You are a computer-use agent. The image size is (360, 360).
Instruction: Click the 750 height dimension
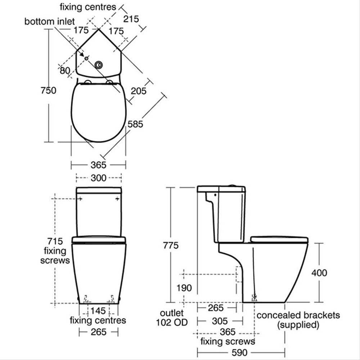[x=49, y=90]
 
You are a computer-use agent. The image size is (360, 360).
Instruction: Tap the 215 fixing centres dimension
[x=131, y=19]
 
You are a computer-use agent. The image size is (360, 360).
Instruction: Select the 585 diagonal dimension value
[x=135, y=124]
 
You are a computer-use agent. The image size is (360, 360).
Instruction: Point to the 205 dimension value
[x=139, y=91]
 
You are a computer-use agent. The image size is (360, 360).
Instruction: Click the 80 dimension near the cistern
[x=65, y=71]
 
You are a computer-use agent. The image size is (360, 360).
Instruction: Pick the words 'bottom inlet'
[x=50, y=22]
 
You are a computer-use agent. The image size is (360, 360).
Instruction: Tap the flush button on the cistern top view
[x=99, y=65]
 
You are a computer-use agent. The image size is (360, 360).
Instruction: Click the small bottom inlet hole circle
[x=86, y=58]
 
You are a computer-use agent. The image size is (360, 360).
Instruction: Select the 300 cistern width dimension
[x=99, y=178]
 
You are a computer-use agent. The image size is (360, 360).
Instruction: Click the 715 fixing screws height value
[x=55, y=241]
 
